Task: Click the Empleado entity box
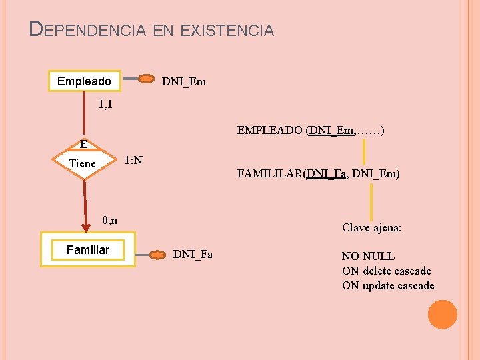click(x=85, y=81)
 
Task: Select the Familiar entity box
click(x=87, y=250)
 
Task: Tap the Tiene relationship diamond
click(x=84, y=163)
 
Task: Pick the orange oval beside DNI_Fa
click(x=158, y=254)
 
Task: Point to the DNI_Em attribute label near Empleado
click(x=184, y=82)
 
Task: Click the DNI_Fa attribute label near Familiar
click(x=193, y=254)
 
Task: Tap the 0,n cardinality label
click(x=110, y=220)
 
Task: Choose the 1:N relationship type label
click(x=133, y=160)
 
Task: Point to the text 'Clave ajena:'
click(x=371, y=227)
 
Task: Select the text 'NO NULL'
click(x=368, y=256)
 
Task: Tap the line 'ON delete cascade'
click(x=386, y=271)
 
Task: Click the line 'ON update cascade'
click(x=387, y=285)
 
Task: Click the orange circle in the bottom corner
click(x=442, y=314)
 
